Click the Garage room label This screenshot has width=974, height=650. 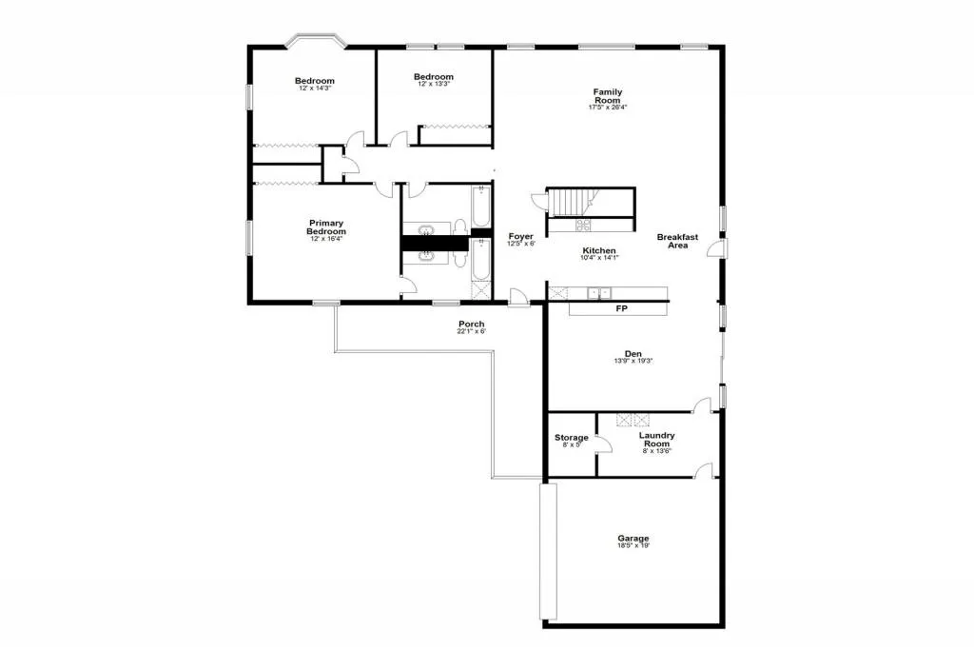coord(633,539)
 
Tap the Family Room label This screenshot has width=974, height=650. coord(608,96)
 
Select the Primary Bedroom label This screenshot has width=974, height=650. coord(326,227)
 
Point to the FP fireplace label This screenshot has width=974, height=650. coord(621,308)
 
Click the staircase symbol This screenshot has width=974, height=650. coord(574,203)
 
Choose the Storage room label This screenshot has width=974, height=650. coord(572,438)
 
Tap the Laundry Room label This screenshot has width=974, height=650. coord(656,440)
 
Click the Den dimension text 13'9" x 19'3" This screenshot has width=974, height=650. coord(633,361)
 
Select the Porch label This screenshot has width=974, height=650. coord(472,325)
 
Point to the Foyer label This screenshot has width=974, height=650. coord(520,236)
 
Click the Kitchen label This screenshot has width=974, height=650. coord(599,250)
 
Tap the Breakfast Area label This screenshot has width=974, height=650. coord(678,241)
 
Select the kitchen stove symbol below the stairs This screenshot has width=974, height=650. coord(581,225)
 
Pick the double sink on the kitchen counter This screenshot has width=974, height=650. coord(598,293)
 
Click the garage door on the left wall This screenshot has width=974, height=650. coord(548,552)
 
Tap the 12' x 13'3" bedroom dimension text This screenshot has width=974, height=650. coord(434,84)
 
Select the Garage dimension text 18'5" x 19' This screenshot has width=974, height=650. coord(633,546)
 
